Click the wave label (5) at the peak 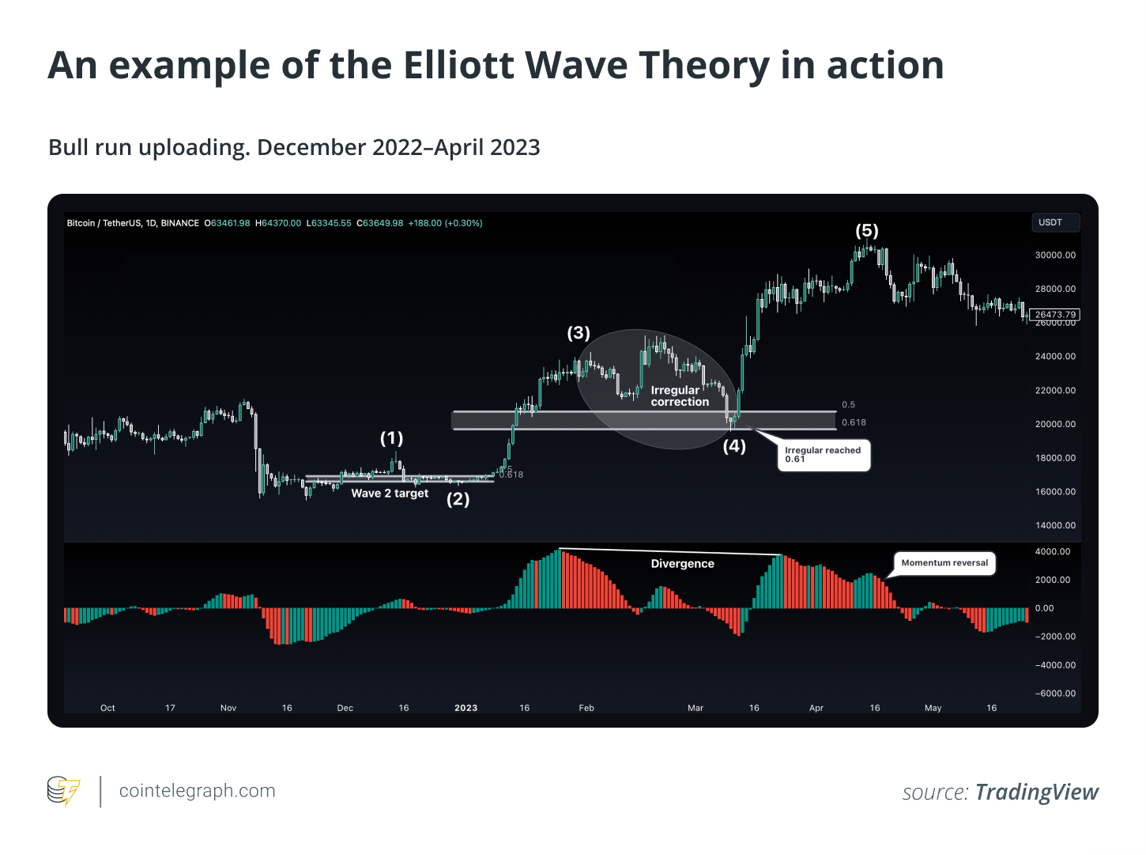[867, 230]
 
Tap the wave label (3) [579, 333]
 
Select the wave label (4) [734, 446]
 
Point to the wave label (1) [391, 438]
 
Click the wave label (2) [458, 499]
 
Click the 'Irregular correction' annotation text [680, 396]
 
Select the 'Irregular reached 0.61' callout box [824, 455]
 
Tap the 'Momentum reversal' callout [944, 563]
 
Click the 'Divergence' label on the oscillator [682, 564]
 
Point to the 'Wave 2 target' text [390, 494]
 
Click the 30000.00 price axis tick [1055, 255]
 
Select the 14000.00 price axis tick [1055, 526]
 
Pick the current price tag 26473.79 [1055, 315]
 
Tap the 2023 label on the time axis [466, 708]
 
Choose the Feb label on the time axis [586, 708]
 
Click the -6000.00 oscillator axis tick [1055, 694]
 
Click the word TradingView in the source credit [1036, 793]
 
